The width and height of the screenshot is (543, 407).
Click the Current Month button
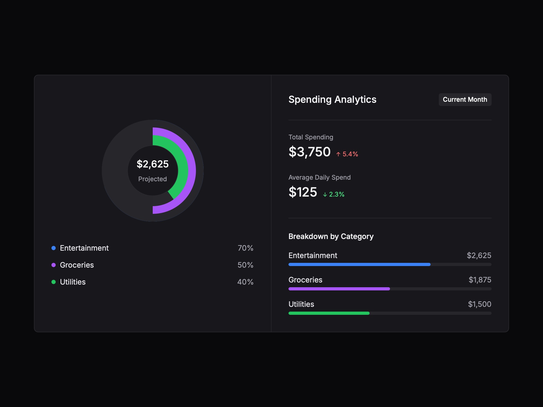click(465, 100)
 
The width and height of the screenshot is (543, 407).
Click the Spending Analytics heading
click(332, 100)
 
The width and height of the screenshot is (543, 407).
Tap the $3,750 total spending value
click(309, 152)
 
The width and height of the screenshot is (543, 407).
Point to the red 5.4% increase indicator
click(347, 154)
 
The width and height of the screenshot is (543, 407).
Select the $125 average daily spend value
click(303, 192)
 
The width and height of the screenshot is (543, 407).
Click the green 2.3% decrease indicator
click(334, 194)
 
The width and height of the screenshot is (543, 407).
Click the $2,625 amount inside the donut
click(152, 164)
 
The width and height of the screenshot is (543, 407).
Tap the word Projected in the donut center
click(152, 179)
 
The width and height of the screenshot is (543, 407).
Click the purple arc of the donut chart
click(192, 171)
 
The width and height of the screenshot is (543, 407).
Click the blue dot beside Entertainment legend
click(54, 248)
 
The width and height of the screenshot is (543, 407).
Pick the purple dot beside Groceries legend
click(54, 265)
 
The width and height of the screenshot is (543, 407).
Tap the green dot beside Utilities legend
click(54, 282)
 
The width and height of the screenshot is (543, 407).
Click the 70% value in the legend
click(245, 248)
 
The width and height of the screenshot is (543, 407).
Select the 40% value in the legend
click(245, 282)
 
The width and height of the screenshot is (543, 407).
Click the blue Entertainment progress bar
click(359, 264)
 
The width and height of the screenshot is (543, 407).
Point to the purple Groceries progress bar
click(339, 289)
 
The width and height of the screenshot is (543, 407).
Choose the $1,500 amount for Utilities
click(479, 304)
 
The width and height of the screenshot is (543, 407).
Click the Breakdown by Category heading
click(331, 236)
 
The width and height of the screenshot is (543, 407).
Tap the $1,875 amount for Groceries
click(480, 280)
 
